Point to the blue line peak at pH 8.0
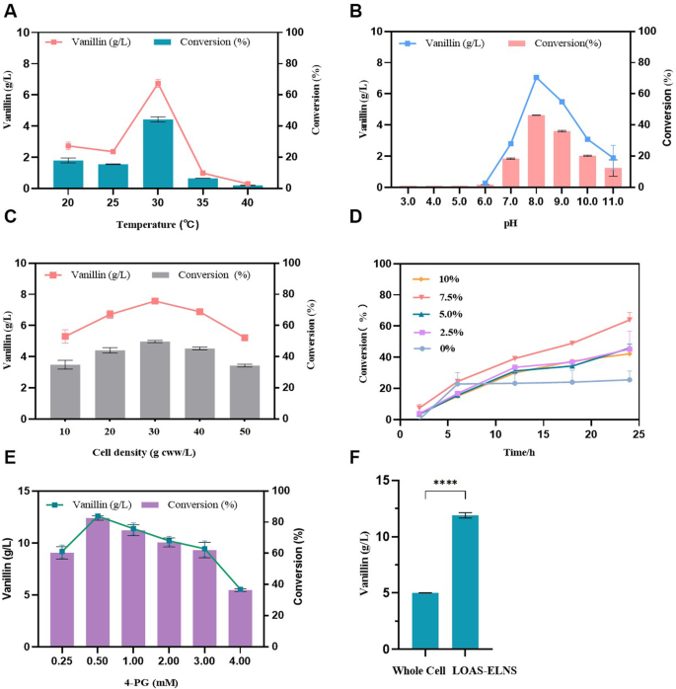click(x=536, y=78)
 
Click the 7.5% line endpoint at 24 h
click(x=629, y=319)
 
